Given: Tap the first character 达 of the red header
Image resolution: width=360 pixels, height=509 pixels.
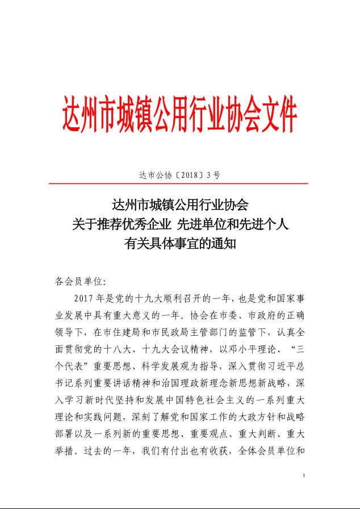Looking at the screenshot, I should [74, 115].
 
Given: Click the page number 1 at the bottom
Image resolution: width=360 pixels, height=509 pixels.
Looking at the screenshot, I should [305, 475].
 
